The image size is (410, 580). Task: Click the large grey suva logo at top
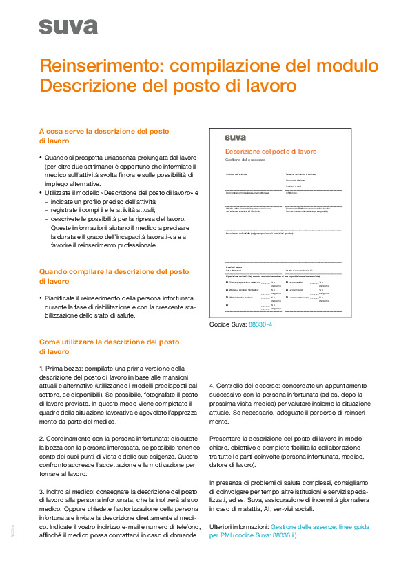click(x=68, y=27)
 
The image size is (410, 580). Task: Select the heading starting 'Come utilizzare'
click(x=110, y=342)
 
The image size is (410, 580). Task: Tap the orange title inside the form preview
click(x=271, y=150)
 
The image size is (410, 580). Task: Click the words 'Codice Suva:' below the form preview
click(x=226, y=324)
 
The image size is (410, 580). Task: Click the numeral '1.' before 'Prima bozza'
click(x=42, y=368)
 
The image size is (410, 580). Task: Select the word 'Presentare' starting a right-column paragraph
click(x=225, y=438)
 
